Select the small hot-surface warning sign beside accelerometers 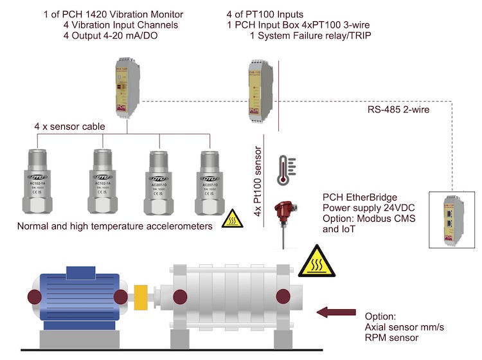tap(229, 220)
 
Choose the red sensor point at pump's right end tap(281, 296)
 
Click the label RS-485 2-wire tap(398, 110)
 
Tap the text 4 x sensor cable tap(70, 127)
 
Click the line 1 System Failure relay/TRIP tap(310, 35)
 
